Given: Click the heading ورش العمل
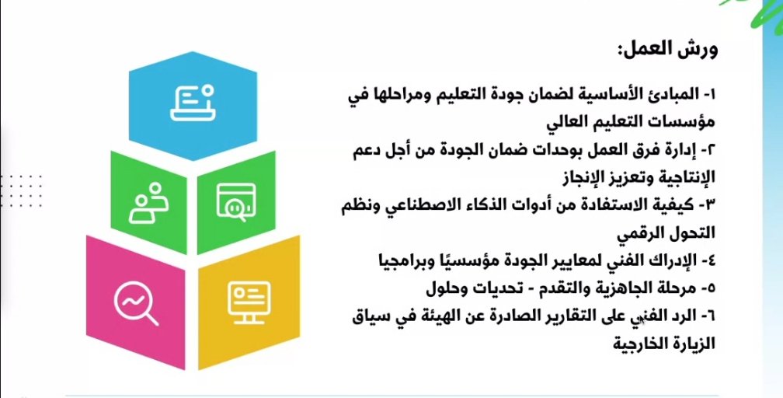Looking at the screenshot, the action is (667, 51).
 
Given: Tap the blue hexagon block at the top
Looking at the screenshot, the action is (193, 106).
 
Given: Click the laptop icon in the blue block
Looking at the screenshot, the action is (193, 103).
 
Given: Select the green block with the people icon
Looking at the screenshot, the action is (149, 203).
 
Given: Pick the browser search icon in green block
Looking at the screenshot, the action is (236, 202).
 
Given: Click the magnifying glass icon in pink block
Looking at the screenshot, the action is (136, 302).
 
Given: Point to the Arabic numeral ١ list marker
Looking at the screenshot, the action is (711, 94).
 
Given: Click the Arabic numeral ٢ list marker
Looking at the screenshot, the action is (711, 149).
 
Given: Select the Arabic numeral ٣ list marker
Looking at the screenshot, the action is (710, 204).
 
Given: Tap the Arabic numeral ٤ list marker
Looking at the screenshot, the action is (711, 260).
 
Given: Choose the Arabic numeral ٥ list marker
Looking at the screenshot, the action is (711, 288).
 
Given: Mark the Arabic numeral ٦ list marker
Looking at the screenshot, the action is (711, 316).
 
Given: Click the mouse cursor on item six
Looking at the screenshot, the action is (641, 320).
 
